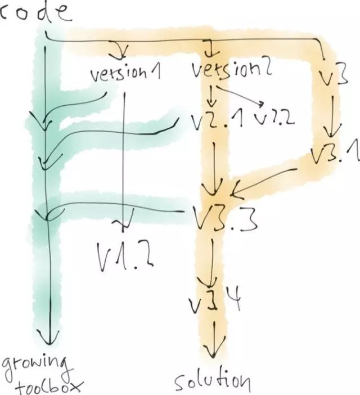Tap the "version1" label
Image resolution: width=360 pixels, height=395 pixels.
pos(122,74)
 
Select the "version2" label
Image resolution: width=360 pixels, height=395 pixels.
pos(232,71)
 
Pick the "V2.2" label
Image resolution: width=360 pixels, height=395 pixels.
pos(274,119)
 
